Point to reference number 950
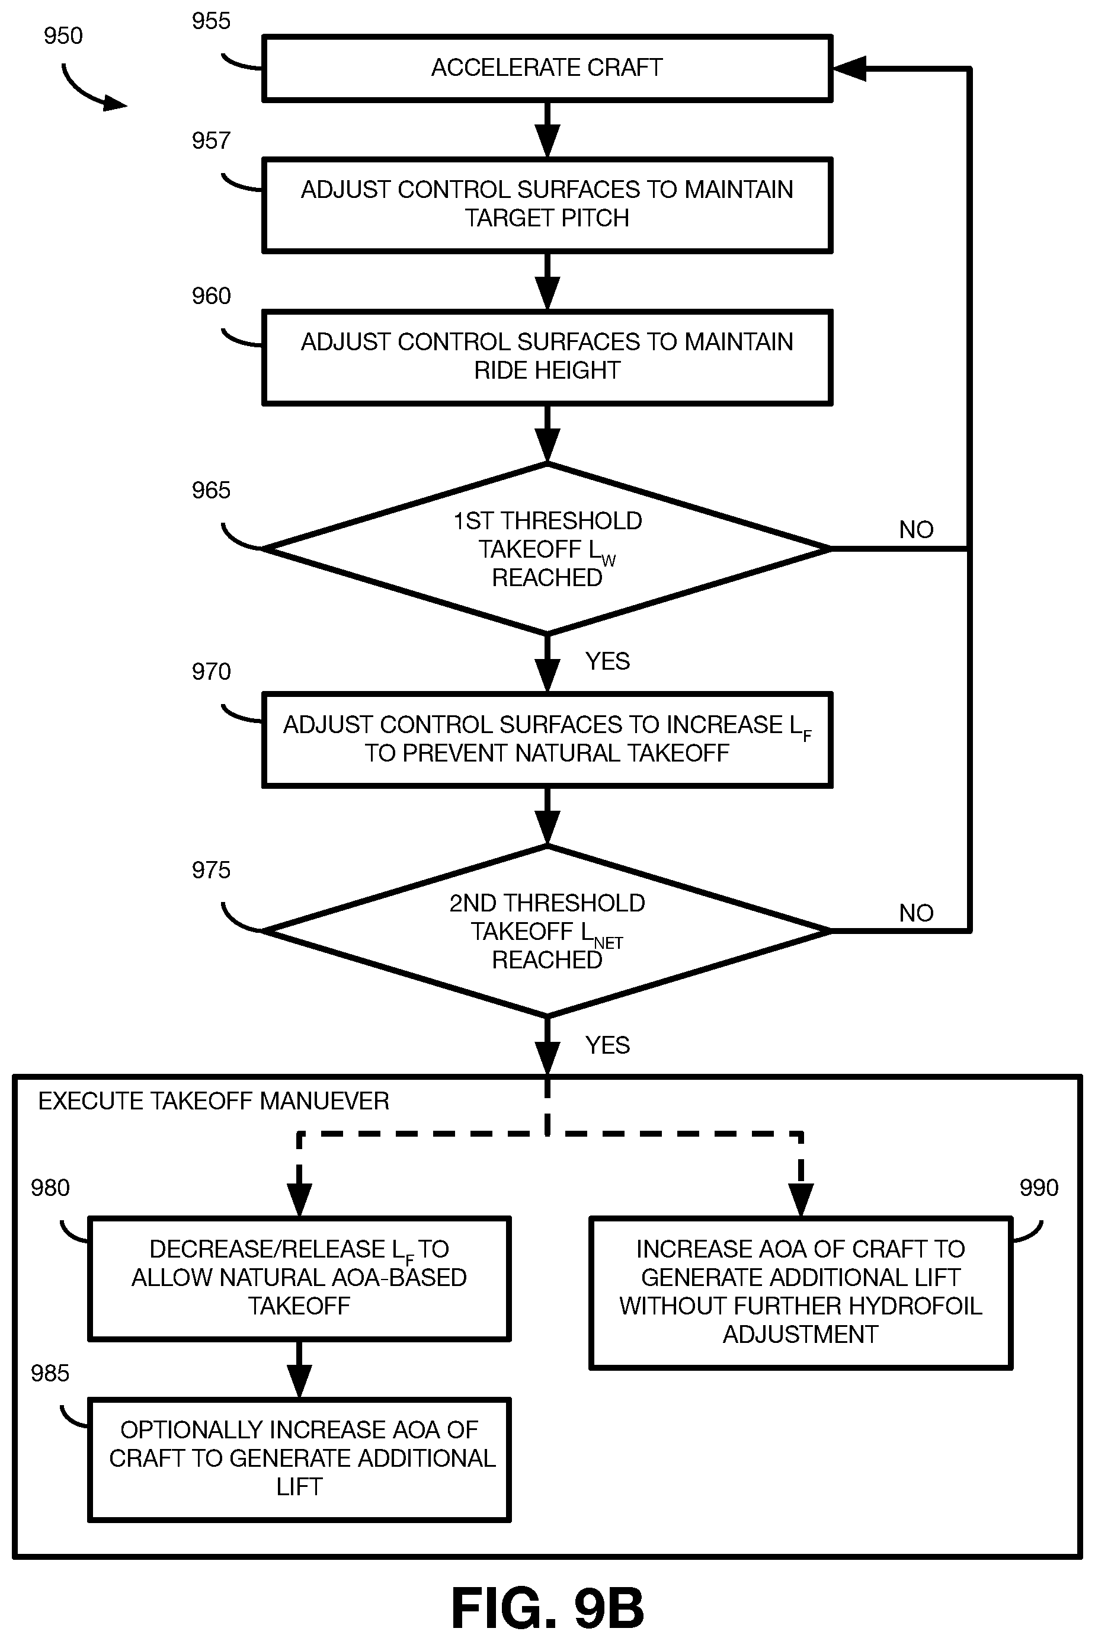63,36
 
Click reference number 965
211,490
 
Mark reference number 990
1039,1187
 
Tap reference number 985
50,1373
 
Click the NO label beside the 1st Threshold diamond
916,529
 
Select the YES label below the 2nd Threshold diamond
607,1045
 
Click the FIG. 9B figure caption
547,1607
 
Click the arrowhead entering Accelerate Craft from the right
849,68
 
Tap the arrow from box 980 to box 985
300,1370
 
